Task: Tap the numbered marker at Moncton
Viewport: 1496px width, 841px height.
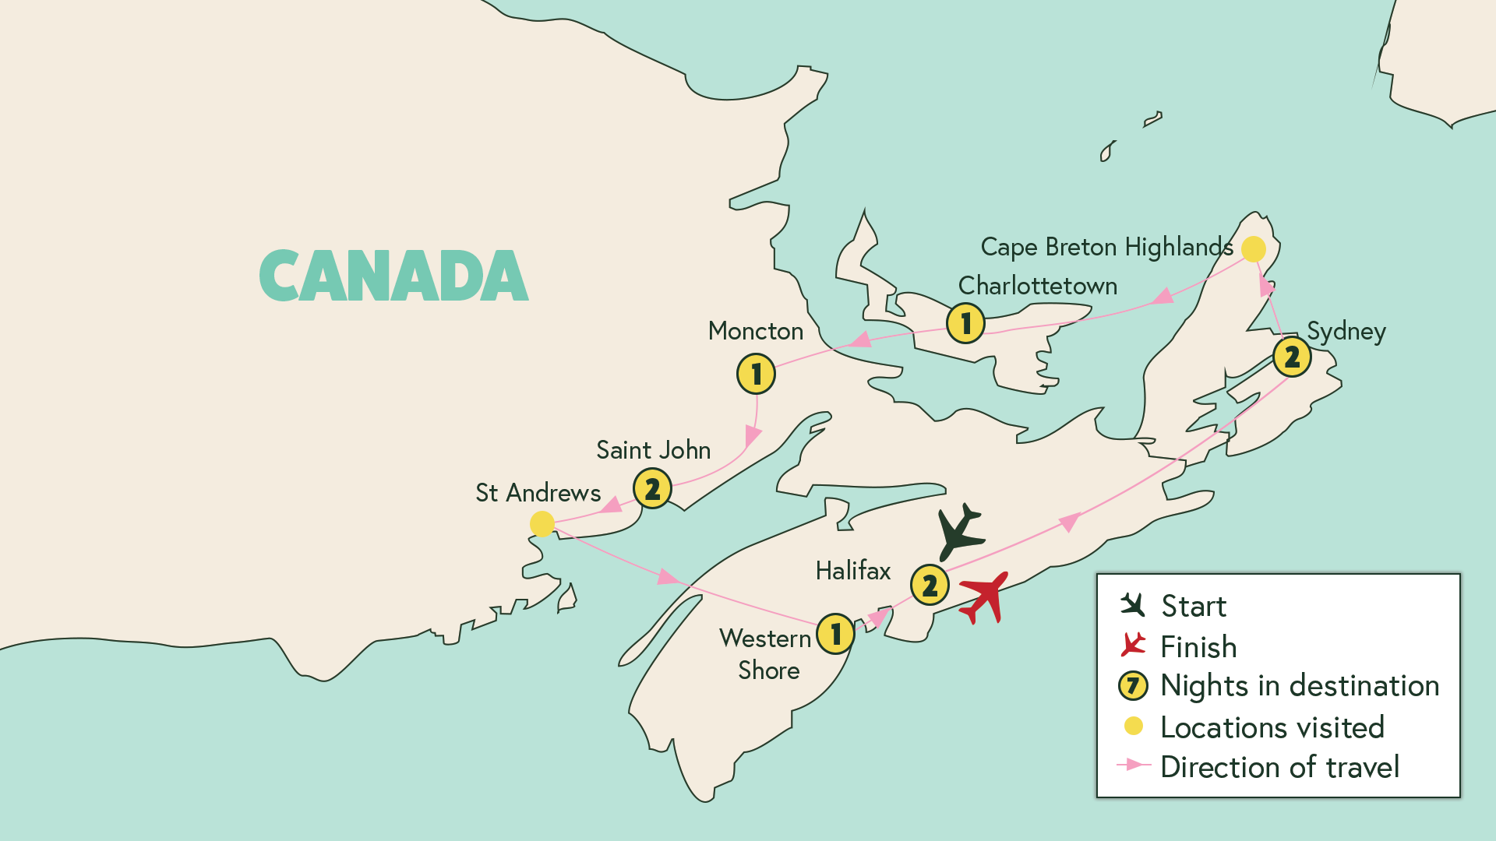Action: coord(756,374)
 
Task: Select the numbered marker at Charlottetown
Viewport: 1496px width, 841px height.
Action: coord(965,322)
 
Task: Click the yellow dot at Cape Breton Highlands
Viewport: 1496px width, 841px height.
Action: coord(1253,249)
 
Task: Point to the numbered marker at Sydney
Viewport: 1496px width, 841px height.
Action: coord(1292,357)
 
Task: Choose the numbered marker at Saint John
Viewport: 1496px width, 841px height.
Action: coord(652,489)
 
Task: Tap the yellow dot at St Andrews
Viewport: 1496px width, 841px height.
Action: coord(542,524)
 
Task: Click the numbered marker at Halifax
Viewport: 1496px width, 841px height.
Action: coord(930,585)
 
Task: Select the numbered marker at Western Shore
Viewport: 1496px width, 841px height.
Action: coord(835,634)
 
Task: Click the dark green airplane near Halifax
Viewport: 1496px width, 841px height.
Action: coord(959,532)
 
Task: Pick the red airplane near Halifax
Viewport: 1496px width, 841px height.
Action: coord(984,597)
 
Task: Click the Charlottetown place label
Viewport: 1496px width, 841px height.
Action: coord(1037,286)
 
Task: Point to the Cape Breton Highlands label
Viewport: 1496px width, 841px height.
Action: coord(1106,247)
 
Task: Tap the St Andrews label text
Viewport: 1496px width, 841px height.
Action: coord(538,493)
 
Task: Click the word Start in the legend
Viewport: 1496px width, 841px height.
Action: coord(1193,607)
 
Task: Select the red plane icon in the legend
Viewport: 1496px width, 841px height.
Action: coord(1133,645)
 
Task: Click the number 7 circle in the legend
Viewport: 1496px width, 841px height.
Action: coord(1133,686)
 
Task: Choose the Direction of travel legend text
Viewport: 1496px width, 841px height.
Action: coord(1279,767)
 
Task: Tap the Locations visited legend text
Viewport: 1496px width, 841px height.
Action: coord(1272,727)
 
